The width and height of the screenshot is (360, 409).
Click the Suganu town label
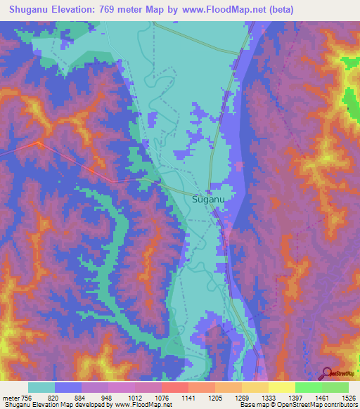[209, 200]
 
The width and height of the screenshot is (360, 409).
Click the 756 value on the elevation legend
[27, 397]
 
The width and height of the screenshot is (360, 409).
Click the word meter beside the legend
[11, 397]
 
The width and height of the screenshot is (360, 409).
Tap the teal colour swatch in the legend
[41, 387]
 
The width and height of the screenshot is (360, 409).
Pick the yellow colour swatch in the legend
[281, 387]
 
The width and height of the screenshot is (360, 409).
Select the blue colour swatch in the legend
[68, 387]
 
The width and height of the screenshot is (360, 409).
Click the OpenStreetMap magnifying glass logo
[327, 374]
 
